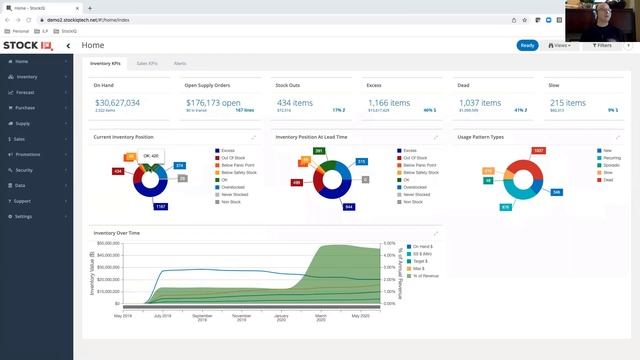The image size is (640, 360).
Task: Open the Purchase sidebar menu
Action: pyautogui.click(x=26, y=107)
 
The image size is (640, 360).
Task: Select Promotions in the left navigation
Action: pyautogui.click(x=29, y=154)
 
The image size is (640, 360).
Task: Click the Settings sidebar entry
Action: pyautogui.click(x=24, y=216)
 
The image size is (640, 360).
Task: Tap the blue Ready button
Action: pyautogui.click(x=527, y=45)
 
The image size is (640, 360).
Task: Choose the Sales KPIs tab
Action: pyautogui.click(x=148, y=63)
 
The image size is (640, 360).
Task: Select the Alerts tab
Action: pyautogui.click(x=180, y=63)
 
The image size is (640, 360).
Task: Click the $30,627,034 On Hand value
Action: pyautogui.click(x=117, y=103)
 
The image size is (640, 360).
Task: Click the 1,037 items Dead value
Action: pyautogui.click(x=478, y=103)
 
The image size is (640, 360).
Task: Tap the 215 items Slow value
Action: pyautogui.click(x=568, y=103)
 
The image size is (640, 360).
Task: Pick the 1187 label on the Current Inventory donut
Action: pyautogui.click(x=160, y=206)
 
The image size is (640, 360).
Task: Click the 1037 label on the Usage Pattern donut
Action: pyautogui.click(x=538, y=150)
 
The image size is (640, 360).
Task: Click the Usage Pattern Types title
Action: pyautogui.click(x=481, y=136)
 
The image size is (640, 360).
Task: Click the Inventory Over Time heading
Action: pyautogui.click(x=118, y=232)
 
